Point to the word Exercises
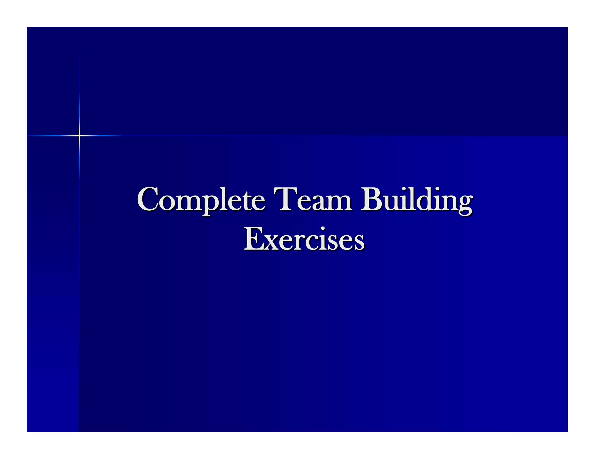point(304,240)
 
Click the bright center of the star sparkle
point(79,135)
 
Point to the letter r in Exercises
point(299,243)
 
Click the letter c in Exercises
point(312,243)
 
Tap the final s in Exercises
point(358,243)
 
